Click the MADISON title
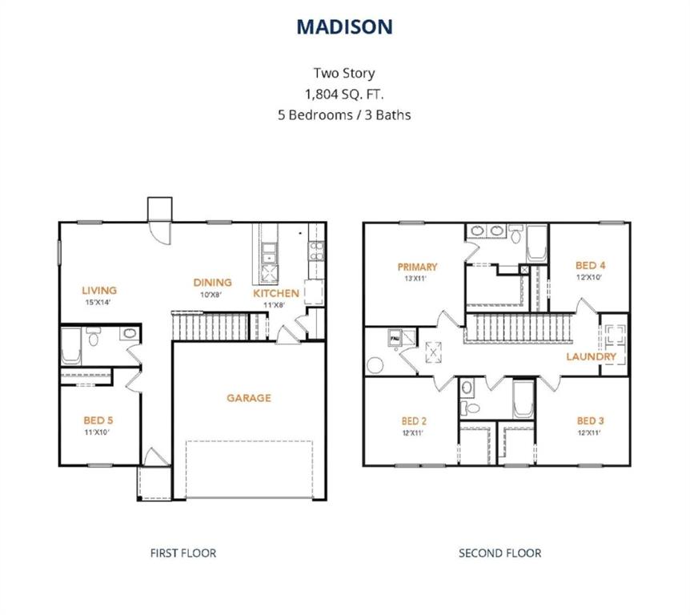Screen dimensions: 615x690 click(x=344, y=26)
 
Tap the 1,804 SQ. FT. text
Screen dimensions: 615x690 click(x=344, y=94)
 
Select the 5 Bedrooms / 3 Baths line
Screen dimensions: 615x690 click(x=344, y=115)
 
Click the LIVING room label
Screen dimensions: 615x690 click(x=99, y=290)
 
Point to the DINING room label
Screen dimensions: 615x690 click(x=212, y=282)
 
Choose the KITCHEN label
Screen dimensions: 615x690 click(x=277, y=293)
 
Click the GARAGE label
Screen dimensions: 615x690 click(x=248, y=397)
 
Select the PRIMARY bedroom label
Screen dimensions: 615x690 click(x=417, y=267)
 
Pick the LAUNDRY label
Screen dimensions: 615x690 click(x=592, y=356)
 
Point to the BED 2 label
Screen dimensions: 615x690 click(x=417, y=420)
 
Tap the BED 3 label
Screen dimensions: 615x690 click(x=592, y=420)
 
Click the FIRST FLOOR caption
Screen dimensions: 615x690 click(x=183, y=553)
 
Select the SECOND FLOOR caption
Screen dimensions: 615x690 click(x=499, y=553)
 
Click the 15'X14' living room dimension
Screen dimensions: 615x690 click(x=99, y=303)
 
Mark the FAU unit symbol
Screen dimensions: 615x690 click(x=395, y=339)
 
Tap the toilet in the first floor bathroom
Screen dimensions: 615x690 click(x=93, y=339)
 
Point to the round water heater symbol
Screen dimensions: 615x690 click(x=375, y=365)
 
